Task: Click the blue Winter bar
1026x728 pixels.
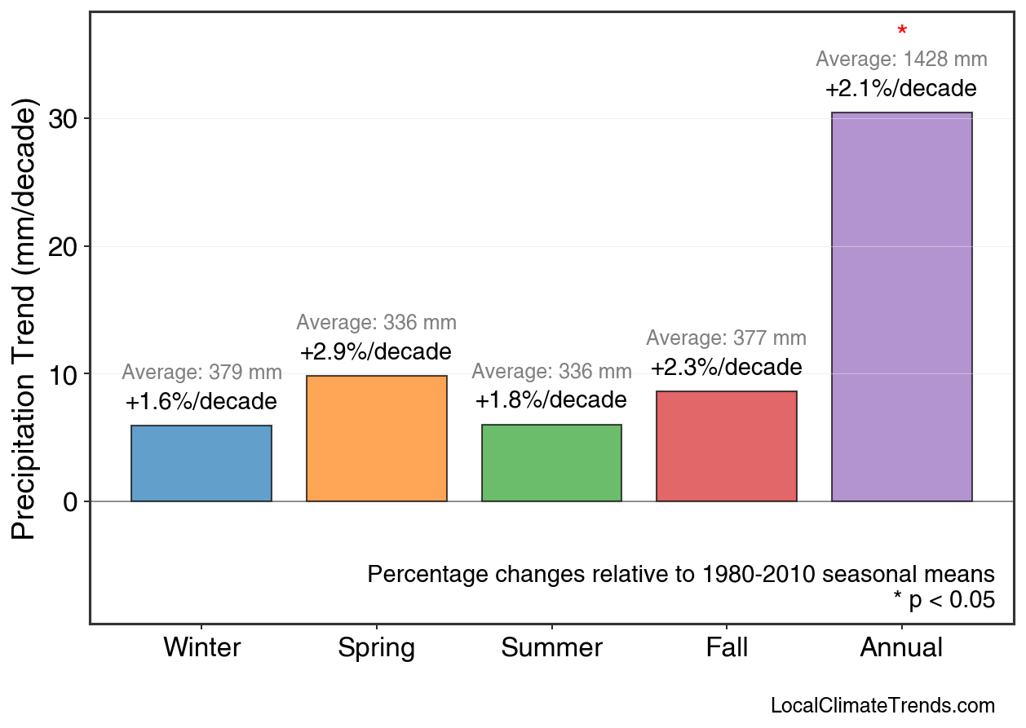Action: (201, 463)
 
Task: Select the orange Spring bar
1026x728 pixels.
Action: (376, 439)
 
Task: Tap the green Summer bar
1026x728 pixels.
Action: (551, 463)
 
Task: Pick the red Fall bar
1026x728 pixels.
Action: (727, 446)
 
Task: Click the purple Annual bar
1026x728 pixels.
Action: (901, 307)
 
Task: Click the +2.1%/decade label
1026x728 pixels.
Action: (901, 89)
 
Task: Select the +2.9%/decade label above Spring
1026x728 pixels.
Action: (376, 352)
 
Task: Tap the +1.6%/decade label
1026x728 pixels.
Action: (201, 402)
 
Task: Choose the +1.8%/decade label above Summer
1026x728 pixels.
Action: (551, 401)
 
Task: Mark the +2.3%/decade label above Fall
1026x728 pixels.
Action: (727, 368)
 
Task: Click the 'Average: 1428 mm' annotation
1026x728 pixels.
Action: (901, 60)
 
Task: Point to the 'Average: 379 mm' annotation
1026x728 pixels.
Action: (201, 373)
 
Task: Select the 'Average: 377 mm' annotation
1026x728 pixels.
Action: (727, 338)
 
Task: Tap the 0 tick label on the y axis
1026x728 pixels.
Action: (70, 502)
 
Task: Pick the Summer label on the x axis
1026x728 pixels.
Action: (551, 648)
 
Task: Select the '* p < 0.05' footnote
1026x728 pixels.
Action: (944, 601)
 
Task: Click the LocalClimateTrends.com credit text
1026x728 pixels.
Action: (882, 706)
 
